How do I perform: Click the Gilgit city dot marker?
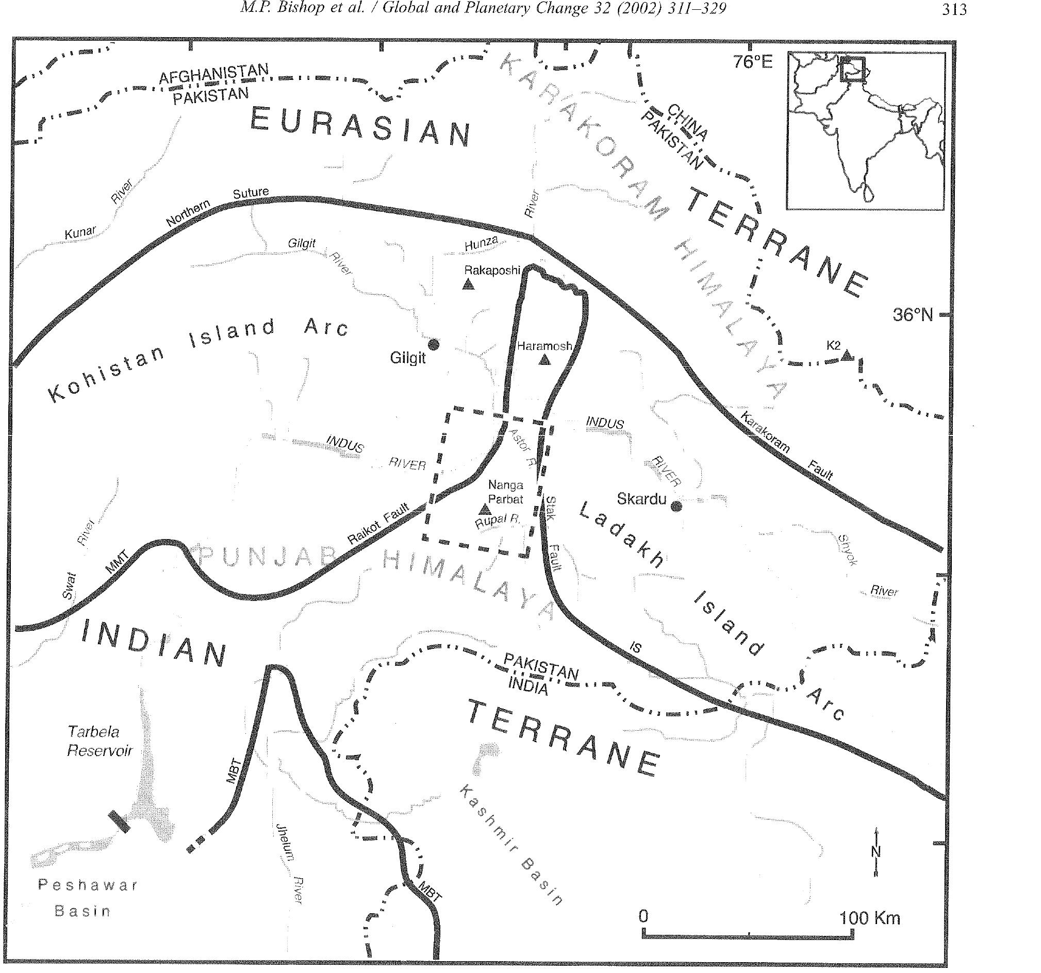(x=433, y=344)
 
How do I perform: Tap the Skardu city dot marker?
(x=676, y=506)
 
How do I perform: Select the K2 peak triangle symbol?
(x=847, y=356)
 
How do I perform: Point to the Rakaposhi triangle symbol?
(x=468, y=284)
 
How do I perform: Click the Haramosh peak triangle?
(x=544, y=360)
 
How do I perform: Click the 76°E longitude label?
(x=752, y=62)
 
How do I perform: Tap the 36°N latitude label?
(x=913, y=314)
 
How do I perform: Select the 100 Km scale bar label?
(x=870, y=917)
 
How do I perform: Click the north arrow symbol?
(x=876, y=851)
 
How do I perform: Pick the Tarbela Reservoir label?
(x=100, y=741)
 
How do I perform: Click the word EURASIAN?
(x=360, y=127)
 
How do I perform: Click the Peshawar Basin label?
(x=88, y=898)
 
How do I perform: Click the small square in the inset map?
(x=852, y=70)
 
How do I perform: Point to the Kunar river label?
(x=80, y=232)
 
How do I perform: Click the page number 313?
(x=954, y=10)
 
